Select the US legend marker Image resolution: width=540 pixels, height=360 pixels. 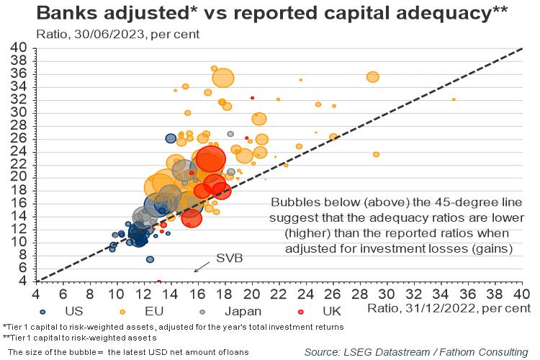[x=43, y=311]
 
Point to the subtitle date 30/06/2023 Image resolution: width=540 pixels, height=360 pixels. [x=104, y=34]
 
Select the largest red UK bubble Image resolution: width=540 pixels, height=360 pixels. [x=210, y=160]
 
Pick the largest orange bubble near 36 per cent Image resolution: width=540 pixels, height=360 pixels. [x=224, y=77]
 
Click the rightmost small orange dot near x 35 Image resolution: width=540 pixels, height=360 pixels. [x=454, y=99]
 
